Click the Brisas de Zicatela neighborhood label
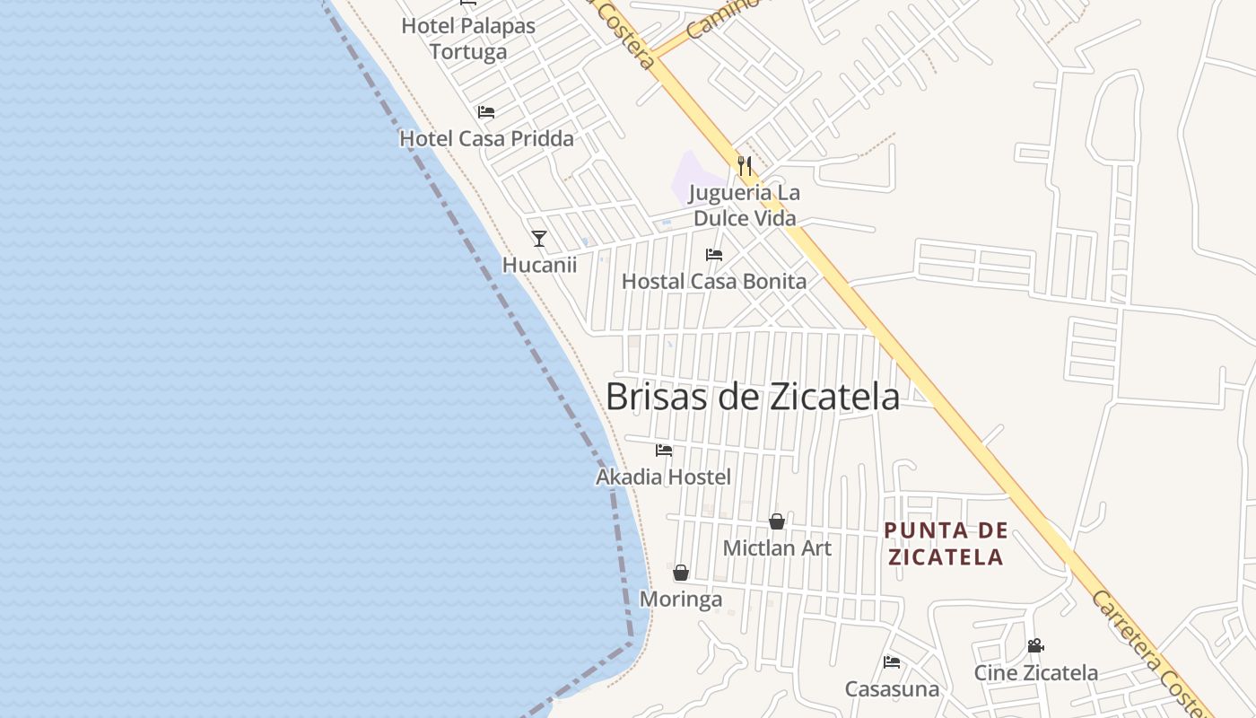[752, 397]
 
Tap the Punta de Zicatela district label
[946, 543]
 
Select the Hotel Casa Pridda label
[486, 138]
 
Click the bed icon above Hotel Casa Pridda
[486, 112]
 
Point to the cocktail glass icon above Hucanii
[539, 238]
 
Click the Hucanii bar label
[539, 265]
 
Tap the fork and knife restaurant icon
[744, 166]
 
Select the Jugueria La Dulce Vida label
[744, 206]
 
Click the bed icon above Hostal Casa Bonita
[714, 255]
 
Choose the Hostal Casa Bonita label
[714, 281]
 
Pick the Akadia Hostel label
[664, 477]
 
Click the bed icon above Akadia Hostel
[664, 450]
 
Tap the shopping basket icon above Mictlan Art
[777, 521]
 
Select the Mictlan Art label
[777, 547]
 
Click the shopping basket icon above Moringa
[681, 573]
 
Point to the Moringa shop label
[681, 599]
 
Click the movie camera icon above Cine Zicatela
[1036, 646]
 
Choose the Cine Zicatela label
[1036, 672]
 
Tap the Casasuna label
[892, 688]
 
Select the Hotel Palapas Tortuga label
[468, 39]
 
